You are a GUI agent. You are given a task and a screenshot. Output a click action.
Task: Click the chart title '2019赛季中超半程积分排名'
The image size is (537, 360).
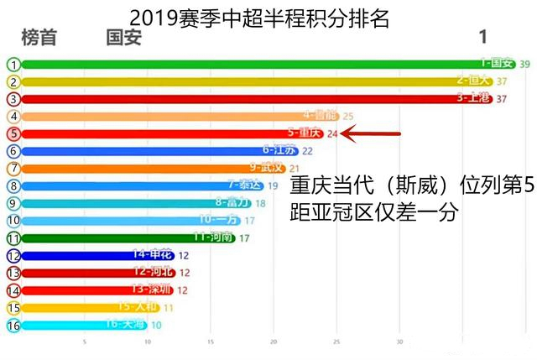259,18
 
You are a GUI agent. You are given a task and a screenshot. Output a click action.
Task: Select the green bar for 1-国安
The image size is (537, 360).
252,64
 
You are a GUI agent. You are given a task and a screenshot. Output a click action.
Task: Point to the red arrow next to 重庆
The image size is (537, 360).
373,133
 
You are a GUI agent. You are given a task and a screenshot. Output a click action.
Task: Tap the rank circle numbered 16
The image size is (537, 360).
13,326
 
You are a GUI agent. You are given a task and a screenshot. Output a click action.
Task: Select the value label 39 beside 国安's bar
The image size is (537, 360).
524,64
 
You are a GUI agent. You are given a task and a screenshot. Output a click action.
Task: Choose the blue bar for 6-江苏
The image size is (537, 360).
151,151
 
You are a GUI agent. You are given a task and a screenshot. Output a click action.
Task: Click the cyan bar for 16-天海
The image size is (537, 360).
76,325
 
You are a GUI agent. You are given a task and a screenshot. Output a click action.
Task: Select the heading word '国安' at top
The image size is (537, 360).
124,38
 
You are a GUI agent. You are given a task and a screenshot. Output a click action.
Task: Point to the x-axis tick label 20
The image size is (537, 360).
274,342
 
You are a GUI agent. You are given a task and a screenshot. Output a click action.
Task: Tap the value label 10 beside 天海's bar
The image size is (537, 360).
156,326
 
